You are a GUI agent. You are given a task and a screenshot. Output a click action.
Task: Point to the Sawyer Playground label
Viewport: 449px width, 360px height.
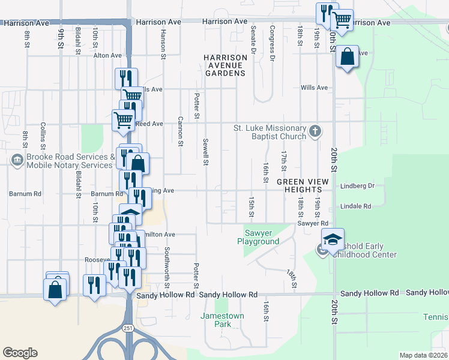(262, 237)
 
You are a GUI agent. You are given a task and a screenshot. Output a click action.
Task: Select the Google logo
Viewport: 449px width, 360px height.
(20, 353)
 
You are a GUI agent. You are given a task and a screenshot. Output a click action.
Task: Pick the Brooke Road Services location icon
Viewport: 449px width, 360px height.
(17, 161)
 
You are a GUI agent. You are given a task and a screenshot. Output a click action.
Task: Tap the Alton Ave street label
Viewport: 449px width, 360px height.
(107, 55)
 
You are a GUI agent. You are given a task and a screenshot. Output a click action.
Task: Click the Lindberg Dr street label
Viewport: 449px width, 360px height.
(357, 186)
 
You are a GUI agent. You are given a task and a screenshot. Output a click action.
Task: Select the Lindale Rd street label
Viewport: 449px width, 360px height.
(355, 206)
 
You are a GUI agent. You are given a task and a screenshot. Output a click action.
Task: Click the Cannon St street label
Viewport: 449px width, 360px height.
(180, 131)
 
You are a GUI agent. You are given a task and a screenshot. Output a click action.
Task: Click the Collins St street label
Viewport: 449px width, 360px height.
(43, 136)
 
